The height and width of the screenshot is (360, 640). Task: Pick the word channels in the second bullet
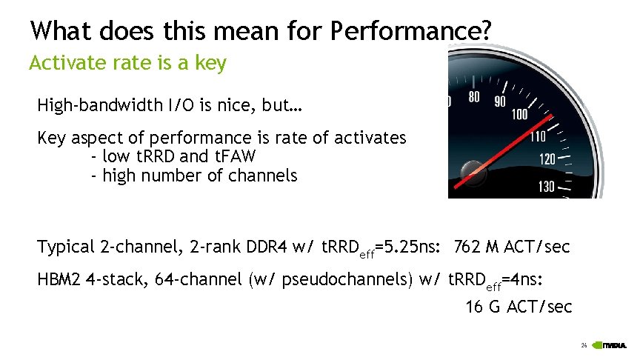265,176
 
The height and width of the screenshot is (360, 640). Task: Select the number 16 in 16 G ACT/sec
473,307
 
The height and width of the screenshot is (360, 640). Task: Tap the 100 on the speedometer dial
519,114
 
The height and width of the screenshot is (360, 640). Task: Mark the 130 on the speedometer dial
546,186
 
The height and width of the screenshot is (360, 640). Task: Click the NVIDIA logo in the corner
613,346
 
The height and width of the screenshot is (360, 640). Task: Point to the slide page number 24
584,346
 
